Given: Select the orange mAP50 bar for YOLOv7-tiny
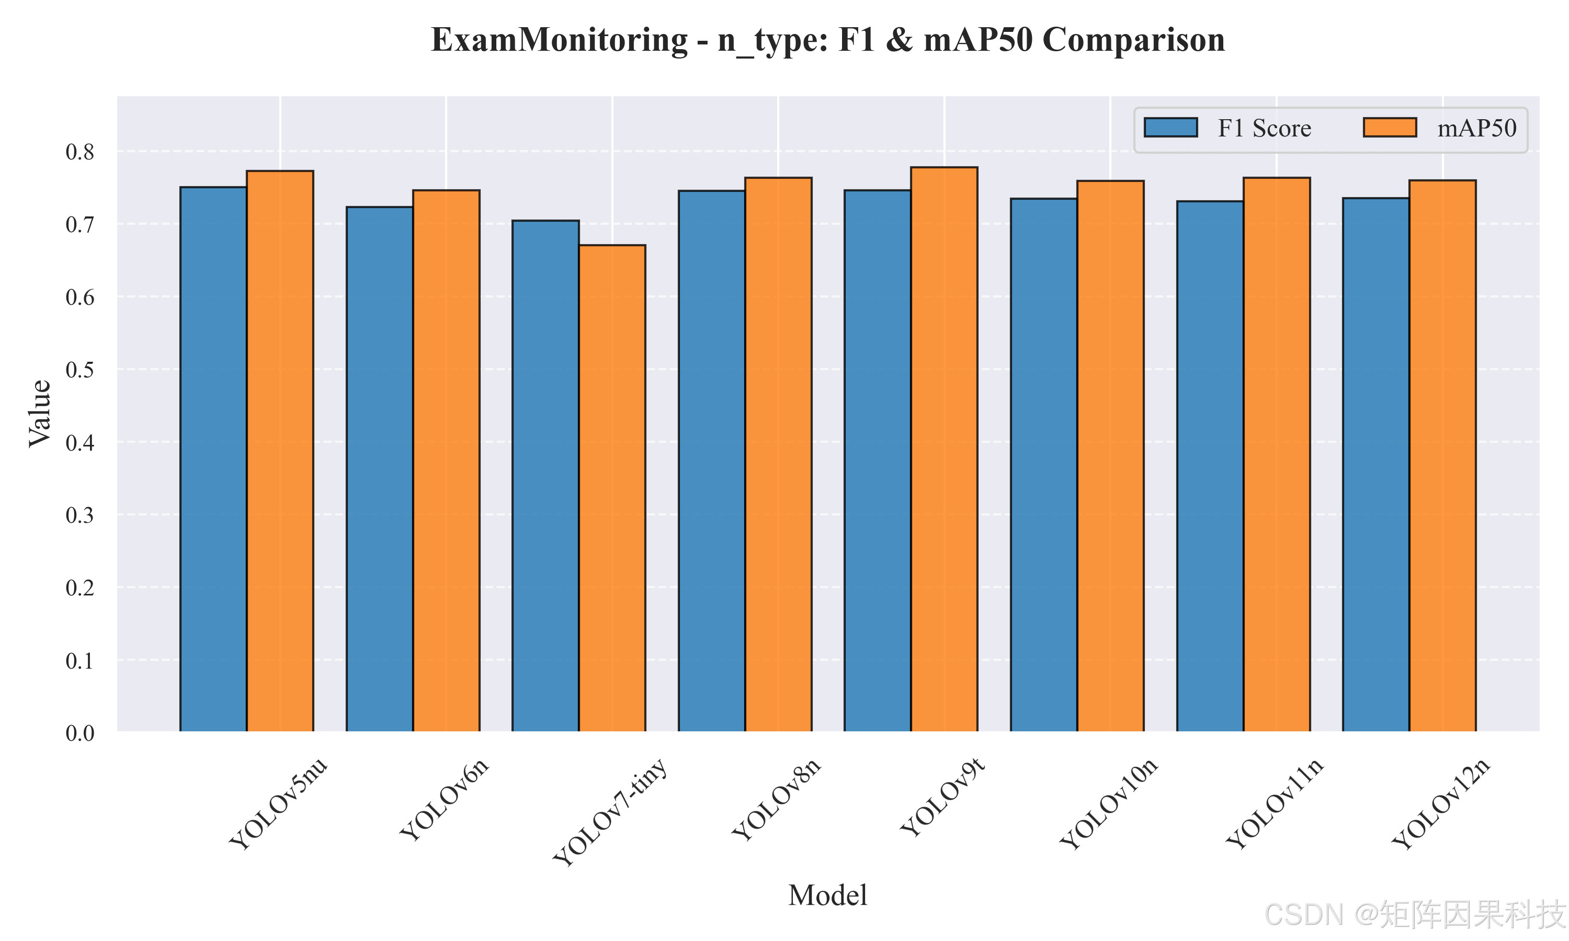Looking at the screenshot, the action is click(x=612, y=488).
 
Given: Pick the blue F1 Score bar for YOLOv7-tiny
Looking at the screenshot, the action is click(x=545, y=476).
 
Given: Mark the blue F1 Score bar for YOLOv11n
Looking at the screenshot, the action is click(x=1210, y=466).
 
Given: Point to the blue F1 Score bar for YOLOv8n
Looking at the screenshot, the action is click(x=712, y=461).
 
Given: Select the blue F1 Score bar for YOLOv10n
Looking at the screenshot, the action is click(x=1044, y=465).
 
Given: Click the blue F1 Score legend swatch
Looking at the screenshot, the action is click(x=1170, y=128).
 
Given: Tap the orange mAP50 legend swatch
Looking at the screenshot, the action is click(x=1390, y=128).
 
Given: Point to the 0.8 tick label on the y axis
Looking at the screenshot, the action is click(x=80, y=152).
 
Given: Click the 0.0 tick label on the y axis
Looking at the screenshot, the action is click(x=80, y=733).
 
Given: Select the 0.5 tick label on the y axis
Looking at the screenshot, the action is click(x=80, y=370).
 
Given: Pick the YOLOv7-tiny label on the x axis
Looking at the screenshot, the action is click(x=610, y=812).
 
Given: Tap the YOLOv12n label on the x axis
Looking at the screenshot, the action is click(x=1441, y=804).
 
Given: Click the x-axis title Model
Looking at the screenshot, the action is click(x=827, y=896).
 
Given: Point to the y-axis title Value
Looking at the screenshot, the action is click(x=39, y=414).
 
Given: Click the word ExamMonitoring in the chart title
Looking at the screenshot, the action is click(x=560, y=40).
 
